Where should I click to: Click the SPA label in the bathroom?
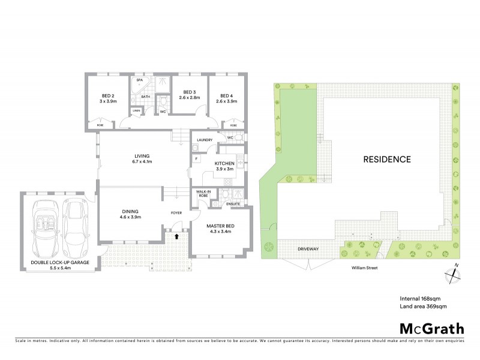coord(139,80)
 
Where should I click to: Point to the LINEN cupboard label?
coord(137,110)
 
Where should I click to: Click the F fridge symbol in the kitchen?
coord(196,158)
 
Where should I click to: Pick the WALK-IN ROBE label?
coord(200,194)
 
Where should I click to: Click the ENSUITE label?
coord(233,204)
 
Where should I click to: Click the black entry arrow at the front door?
coord(176,236)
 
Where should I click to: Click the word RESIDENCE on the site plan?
coord(386,160)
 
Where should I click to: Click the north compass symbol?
coord(454,274)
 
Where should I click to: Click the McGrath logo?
coord(431,328)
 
